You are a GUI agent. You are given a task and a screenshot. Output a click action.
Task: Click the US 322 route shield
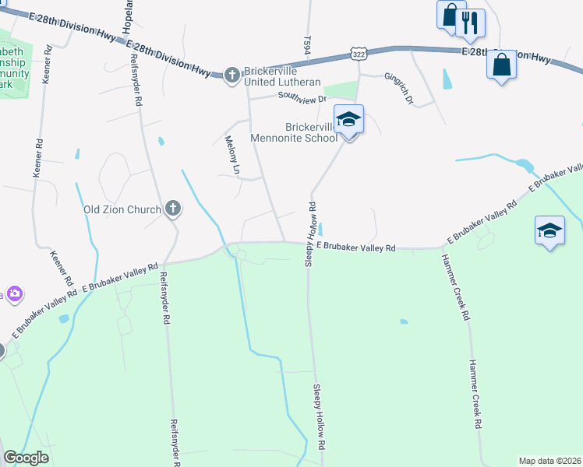click(x=358, y=54)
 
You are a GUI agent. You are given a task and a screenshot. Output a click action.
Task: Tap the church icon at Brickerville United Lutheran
click(x=231, y=75)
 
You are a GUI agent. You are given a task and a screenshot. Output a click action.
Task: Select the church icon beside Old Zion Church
click(x=173, y=209)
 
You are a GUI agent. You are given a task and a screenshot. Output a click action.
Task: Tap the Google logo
click(x=26, y=458)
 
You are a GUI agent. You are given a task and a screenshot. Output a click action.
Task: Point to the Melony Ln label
click(x=231, y=154)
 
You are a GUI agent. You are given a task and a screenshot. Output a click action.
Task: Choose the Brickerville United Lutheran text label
click(x=282, y=76)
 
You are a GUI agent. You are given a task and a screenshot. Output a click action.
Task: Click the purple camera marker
click(x=13, y=294)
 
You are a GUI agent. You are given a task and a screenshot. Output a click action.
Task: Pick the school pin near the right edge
click(x=549, y=230)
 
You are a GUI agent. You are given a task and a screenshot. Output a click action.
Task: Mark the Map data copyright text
click(x=549, y=461)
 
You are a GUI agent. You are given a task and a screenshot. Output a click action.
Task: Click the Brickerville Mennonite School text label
click(x=301, y=132)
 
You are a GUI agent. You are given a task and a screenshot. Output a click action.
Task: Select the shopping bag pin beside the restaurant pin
click(x=450, y=16)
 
